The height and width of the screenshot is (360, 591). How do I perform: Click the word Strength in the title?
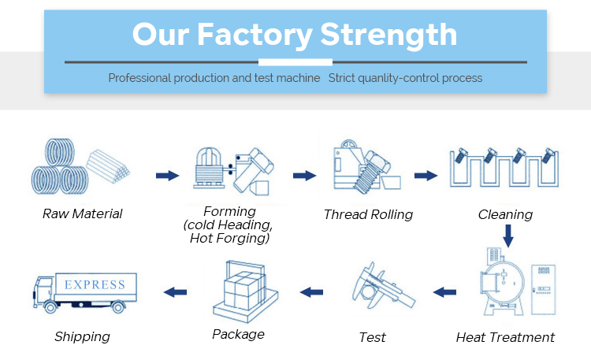pos(389,35)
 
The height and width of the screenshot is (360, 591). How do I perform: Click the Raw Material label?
pos(82,213)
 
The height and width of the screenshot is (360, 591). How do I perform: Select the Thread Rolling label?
pos(368,214)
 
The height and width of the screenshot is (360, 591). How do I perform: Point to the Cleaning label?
pos(505,214)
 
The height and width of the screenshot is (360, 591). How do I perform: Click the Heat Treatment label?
pos(505,337)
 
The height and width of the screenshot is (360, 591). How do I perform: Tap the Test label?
pos(372,337)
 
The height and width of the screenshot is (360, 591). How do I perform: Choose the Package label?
pos(238,334)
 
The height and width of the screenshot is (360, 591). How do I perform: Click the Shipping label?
pos(82,336)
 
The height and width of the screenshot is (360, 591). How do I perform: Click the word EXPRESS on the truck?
pos(95,284)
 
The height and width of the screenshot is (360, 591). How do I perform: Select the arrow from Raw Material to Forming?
pos(167,175)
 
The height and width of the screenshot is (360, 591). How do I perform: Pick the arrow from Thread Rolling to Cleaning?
pos(426,175)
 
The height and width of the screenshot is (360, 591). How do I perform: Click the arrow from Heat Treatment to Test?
pos(444,292)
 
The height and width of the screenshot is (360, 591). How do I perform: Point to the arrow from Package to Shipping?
pos(174,292)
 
